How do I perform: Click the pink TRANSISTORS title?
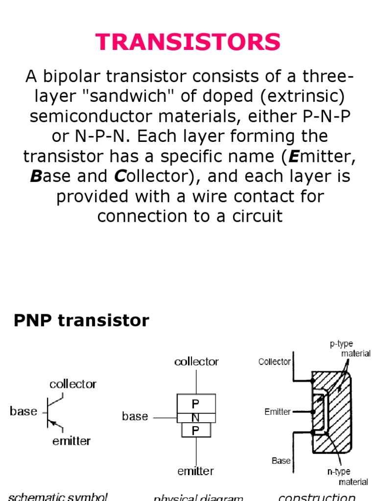(188, 42)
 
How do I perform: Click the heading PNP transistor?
(81, 320)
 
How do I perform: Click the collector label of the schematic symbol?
(73, 384)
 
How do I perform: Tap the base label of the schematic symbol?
(23, 411)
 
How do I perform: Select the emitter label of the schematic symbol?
(71, 441)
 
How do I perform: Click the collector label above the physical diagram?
(196, 362)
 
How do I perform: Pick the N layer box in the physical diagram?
(195, 418)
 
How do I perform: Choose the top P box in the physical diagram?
(195, 404)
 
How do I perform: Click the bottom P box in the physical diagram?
(195, 430)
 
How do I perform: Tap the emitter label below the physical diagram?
(195, 471)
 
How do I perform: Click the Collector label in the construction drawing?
(274, 362)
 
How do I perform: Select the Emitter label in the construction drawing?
(278, 412)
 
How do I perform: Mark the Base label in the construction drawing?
(281, 460)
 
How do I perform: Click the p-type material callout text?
(350, 348)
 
